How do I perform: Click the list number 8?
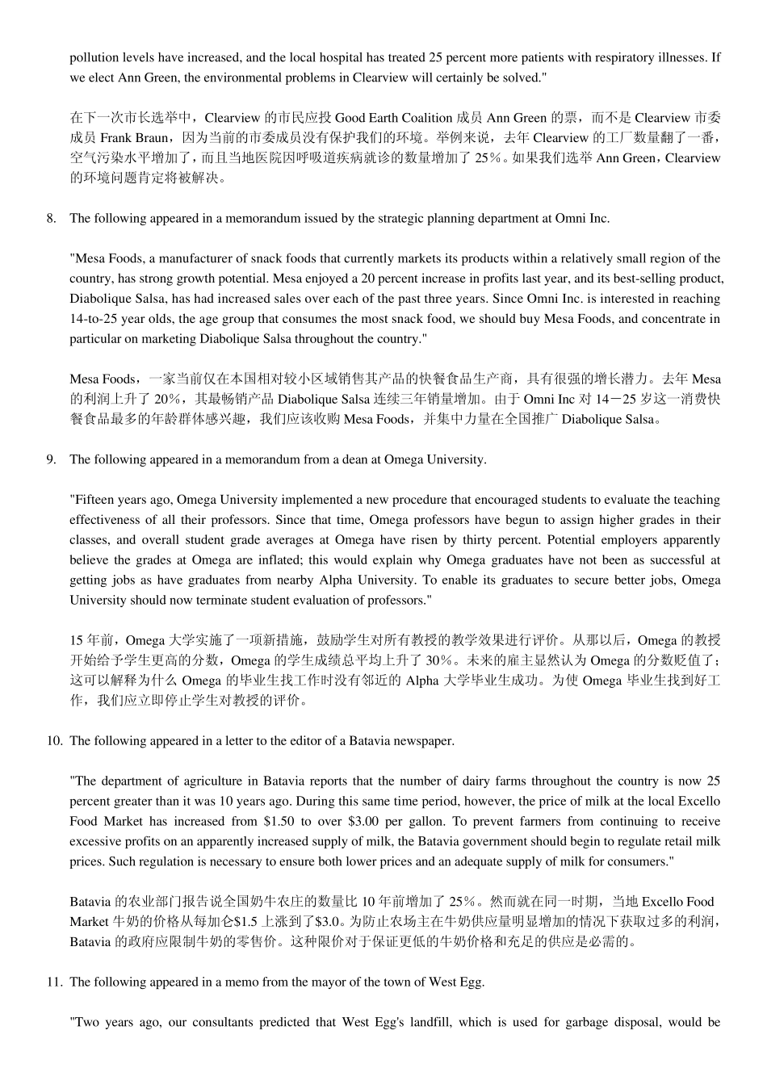click(x=51, y=218)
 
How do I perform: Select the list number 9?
click(x=51, y=459)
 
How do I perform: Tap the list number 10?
click(x=53, y=740)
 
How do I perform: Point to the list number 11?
click(x=53, y=982)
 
